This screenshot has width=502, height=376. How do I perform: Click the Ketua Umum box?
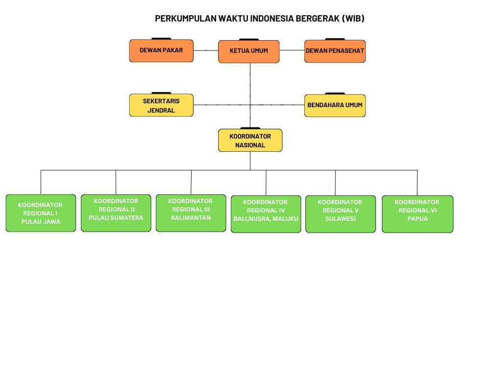click(249, 51)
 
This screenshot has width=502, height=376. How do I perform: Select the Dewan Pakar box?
click(161, 50)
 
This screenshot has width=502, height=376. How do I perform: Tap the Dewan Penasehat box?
click(335, 51)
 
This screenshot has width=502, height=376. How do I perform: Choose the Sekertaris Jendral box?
click(161, 105)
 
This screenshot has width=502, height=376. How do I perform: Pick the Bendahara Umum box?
click(335, 106)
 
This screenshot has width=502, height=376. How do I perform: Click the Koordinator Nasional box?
click(251, 141)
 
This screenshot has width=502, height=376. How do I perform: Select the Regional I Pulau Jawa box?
click(41, 213)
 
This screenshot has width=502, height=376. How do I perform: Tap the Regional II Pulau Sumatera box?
click(116, 213)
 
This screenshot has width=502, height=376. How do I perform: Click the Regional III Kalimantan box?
click(191, 213)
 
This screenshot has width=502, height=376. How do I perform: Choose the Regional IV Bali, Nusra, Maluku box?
click(266, 214)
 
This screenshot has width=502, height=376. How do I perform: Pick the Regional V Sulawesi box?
click(341, 214)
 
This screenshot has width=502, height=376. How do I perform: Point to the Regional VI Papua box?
click(418, 214)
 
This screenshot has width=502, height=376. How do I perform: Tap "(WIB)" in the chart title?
click(353, 19)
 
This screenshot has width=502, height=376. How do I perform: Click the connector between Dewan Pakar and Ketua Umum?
click(206, 50)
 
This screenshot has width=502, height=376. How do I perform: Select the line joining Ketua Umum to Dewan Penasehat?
click(292, 50)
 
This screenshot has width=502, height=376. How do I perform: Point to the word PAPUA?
click(418, 219)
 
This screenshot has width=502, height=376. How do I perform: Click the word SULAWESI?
click(341, 219)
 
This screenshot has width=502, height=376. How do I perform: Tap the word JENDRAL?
click(161, 110)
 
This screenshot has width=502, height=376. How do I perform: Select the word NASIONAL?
click(251, 145)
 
